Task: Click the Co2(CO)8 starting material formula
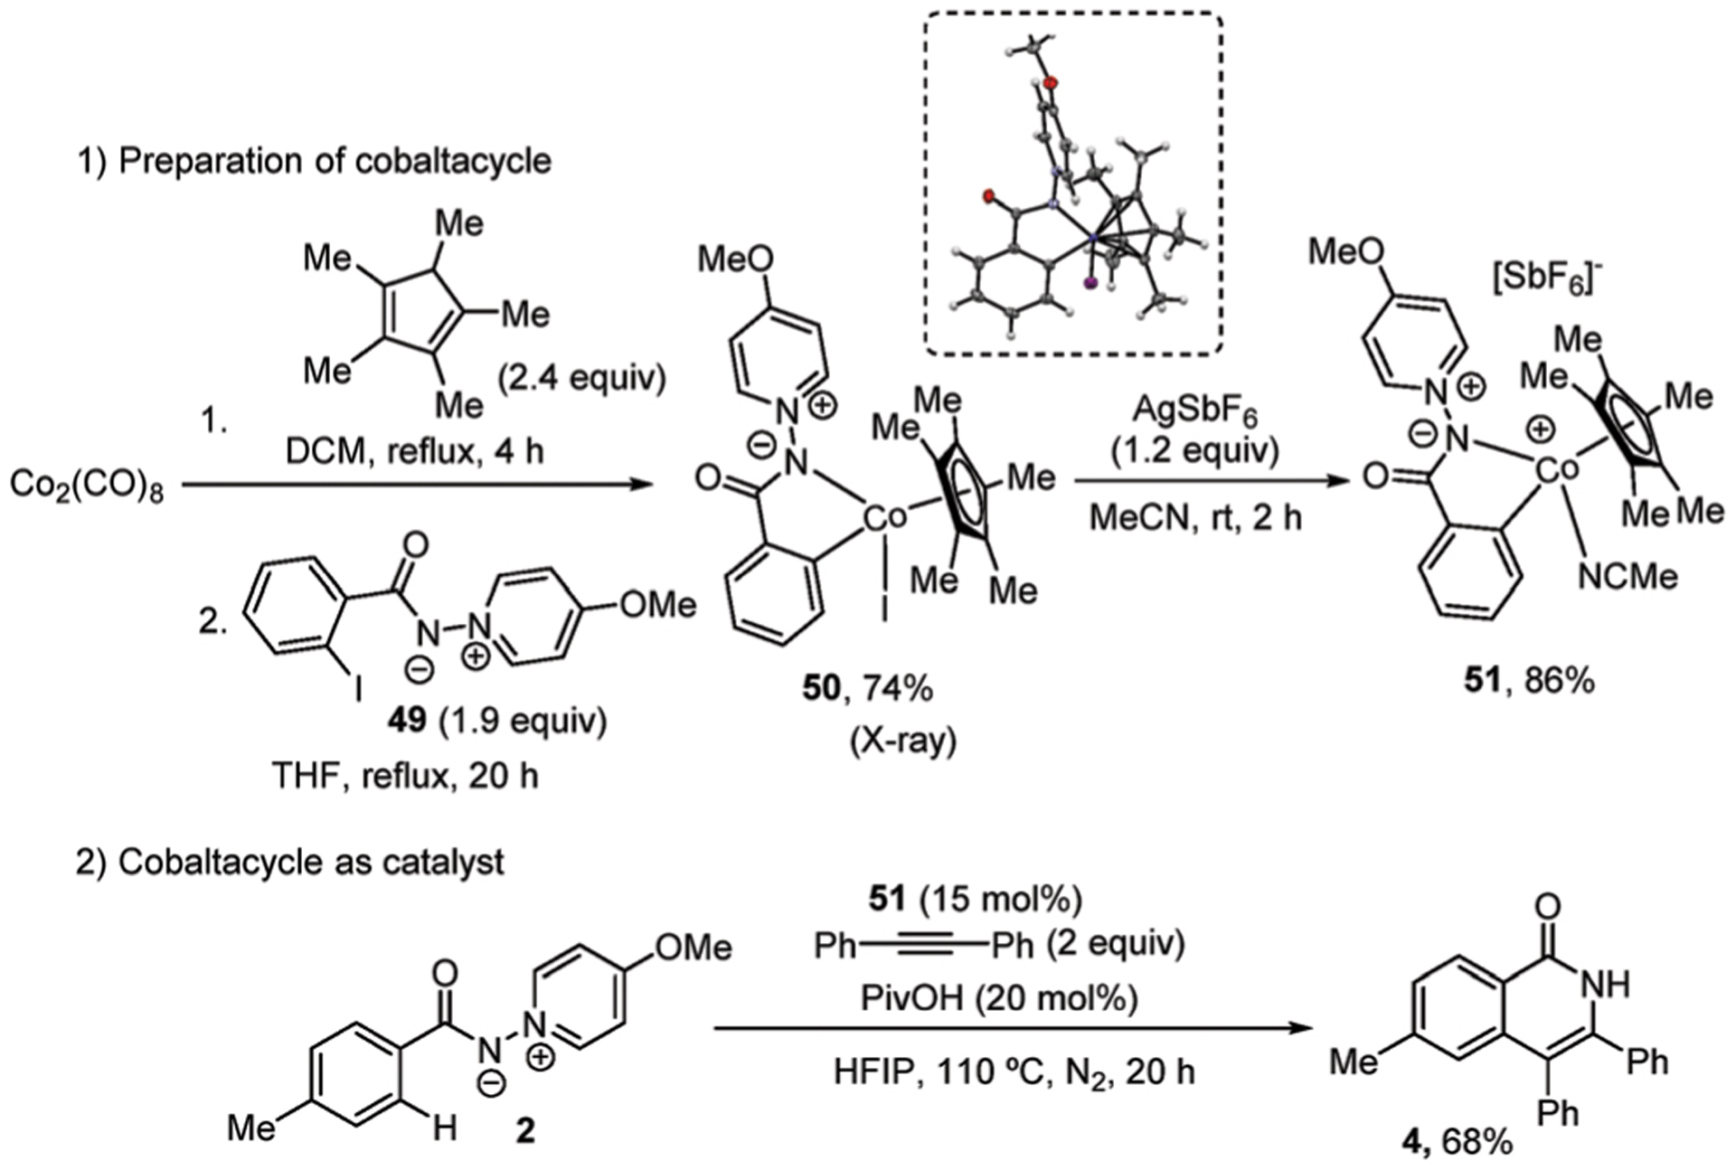(87, 486)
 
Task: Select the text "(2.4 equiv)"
(581, 377)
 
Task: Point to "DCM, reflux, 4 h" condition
(415, 449)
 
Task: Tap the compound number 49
(406, 720)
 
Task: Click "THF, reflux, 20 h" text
(405, 775)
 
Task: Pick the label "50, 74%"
(867, 689)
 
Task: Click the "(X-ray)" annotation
(902, 741)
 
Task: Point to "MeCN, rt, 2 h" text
(1195, 517)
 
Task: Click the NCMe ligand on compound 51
(1627, 576)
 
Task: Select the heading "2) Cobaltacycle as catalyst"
(290, 862)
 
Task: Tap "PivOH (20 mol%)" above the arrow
(999, 998)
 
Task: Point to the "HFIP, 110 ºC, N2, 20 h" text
(1014, 1072)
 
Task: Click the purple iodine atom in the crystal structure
(1090, 284)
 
